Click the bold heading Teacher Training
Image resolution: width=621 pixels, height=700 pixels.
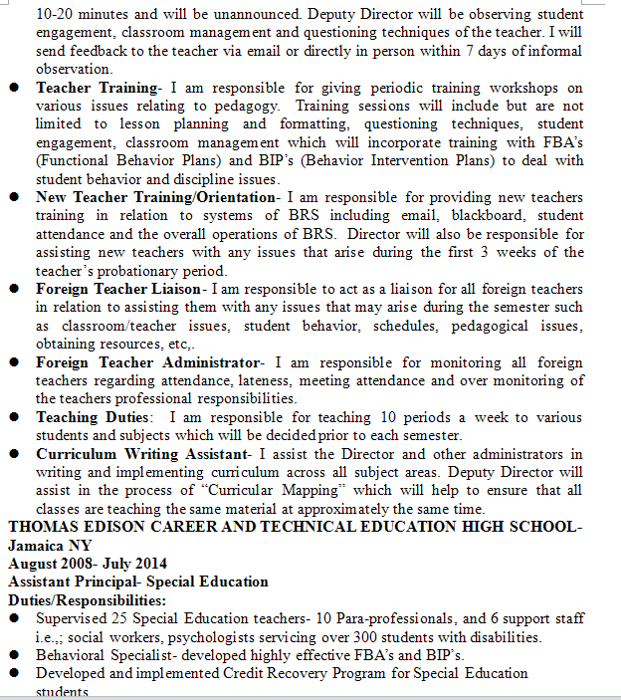(97, 88)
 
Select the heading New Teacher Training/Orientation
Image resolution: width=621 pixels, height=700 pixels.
(155, 197)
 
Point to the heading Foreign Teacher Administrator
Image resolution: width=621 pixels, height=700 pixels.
(146, 361)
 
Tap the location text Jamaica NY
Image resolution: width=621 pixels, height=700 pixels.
(50, 545)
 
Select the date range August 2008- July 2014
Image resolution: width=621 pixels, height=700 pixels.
(88, 564)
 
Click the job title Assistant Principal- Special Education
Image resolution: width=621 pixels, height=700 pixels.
(137, 582)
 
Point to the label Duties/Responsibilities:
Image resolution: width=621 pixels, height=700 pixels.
(88, 600)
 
